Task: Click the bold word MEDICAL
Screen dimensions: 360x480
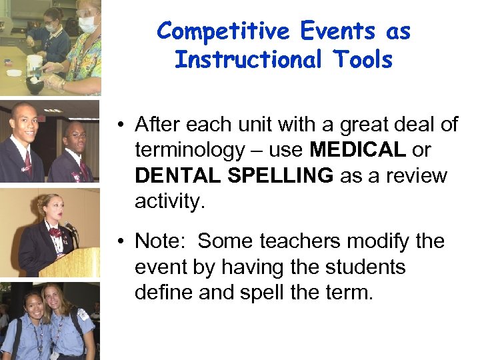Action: click(357, 150)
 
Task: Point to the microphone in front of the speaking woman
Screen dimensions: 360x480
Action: click(69, 227)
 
